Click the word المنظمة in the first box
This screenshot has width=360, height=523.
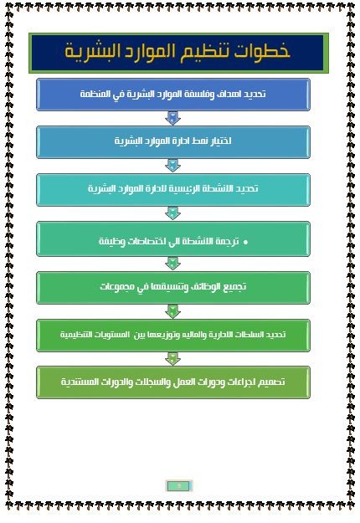(x=90, y=94)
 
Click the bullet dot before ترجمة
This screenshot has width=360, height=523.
(x=246, y=243)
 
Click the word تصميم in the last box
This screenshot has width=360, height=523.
(x=273, y=382)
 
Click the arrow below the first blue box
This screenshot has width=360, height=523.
(x=172, y=118)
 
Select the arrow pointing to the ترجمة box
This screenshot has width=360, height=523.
(x=172, y=213)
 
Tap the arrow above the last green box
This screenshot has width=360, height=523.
(x=172, y=359)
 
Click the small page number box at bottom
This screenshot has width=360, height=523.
(x=179, y=486)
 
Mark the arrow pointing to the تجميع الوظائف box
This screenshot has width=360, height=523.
(x=172, y=264)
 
